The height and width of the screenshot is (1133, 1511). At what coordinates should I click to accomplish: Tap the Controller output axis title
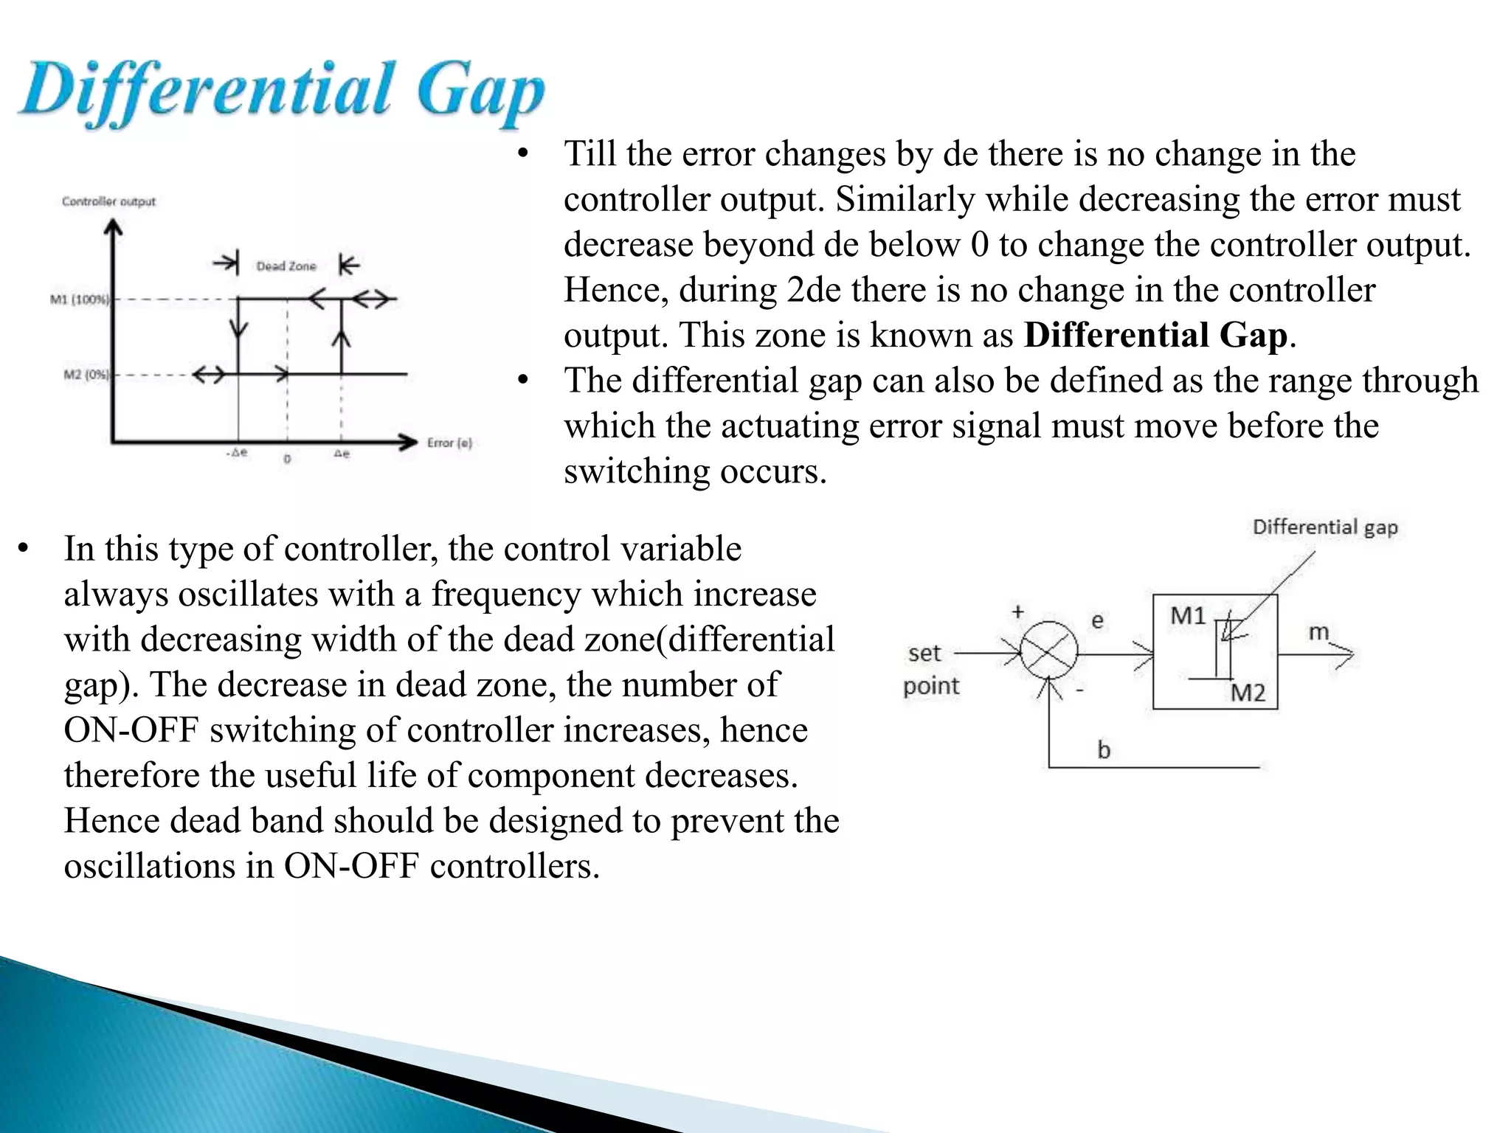tap(109, 201)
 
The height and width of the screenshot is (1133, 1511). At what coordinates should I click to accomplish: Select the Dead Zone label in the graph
tap(286, 266)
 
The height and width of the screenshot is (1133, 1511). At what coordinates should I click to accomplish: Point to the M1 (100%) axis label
tap(79, 299)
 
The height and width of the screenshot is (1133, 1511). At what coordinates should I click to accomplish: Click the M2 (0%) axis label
tap(86, 375)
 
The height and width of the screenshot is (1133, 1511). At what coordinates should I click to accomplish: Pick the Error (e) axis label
tap(449, 443)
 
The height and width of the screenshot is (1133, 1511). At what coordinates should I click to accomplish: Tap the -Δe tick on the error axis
tap(237, 453)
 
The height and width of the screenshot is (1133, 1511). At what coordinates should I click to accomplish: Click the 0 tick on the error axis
tap(287, 459)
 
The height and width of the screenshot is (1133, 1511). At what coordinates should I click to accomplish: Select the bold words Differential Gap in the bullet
tap(1155, 335)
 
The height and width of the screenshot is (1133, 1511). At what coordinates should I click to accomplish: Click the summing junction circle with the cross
tap(1048, 651)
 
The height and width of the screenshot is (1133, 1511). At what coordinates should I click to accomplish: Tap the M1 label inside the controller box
tap(1188, 615)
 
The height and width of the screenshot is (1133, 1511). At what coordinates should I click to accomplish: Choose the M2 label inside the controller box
tap(1248, 693)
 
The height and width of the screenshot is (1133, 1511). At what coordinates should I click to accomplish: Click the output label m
tap(1318, 632)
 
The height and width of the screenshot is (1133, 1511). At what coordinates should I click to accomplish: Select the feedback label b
tap(1104, 749)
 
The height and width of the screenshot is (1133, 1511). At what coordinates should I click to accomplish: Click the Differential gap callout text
tap(1325, 527)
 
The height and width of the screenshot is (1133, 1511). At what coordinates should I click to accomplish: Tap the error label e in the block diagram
tap(1097, 620)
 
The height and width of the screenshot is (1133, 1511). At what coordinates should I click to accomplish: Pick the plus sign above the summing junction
tap(1018, 611)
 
